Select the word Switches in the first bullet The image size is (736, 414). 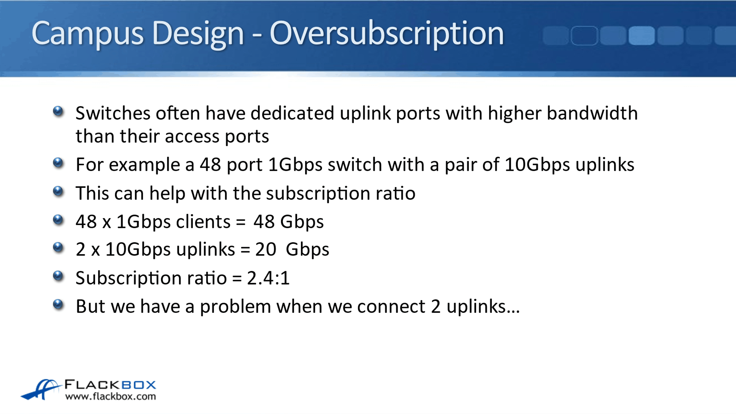click(113, 113)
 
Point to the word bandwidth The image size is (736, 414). click(592, 113)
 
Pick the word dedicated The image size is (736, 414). click(292, 113)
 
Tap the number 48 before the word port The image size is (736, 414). click(210, 165)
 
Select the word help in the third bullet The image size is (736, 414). click(168, 193)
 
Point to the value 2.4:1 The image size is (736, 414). click(268, 278)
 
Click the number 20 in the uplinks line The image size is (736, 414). click(266, 250)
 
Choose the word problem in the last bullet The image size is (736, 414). click(235, 307)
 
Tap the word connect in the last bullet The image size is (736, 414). click(391, 307)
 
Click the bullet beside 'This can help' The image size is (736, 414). click(58, 192)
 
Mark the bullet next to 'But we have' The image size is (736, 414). click(58, 305)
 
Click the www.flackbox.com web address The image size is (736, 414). click(111, 397)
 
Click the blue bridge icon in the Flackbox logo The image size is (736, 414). click(41, 390)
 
